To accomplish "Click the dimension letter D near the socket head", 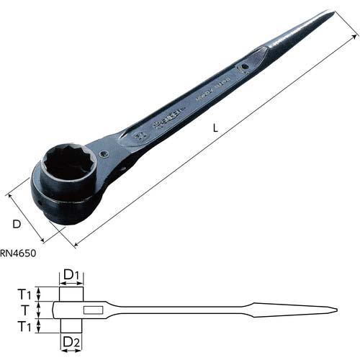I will click(x=17, y=224).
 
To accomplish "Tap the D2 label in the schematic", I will click(x=70, y=341).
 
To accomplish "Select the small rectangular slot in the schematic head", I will click(x=93, y=310).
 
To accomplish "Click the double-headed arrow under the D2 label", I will click(x=70, y=351).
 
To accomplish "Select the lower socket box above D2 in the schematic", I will click(x=70, y=325).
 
